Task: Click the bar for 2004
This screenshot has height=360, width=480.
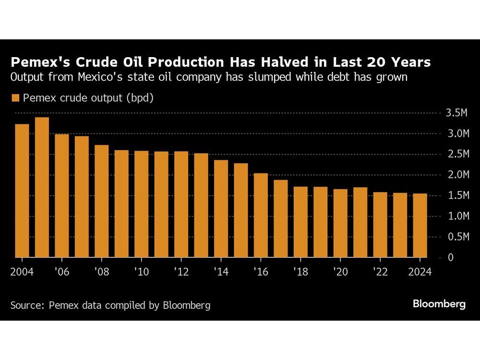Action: [22, 191]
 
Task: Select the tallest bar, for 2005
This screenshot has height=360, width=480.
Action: [42, 187]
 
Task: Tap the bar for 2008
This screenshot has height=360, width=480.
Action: [101, 201]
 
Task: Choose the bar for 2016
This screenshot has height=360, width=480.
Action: [261, 215]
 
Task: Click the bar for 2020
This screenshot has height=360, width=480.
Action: [340, 223]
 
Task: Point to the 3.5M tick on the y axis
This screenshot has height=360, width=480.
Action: [456, 113]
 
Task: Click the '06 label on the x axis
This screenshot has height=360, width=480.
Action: [62, 272]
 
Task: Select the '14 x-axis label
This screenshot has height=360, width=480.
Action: [221, 272]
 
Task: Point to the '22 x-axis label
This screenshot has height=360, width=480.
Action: [380, 272]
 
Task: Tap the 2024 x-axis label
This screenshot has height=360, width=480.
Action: [420, 272]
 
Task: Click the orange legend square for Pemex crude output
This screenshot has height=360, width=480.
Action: [15, 98]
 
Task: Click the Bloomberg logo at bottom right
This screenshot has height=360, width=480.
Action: [439, 304]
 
